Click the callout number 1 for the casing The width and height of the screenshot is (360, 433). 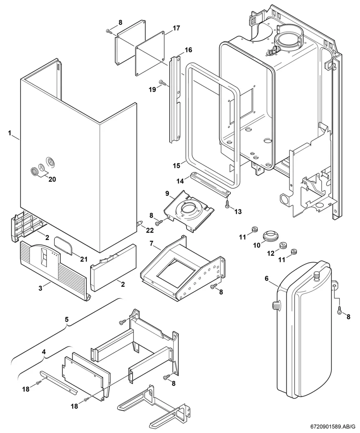click(x=10, y=133)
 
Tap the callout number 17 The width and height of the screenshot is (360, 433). click(x=176, y=28)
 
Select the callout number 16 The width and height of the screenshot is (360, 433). click(x=188, y=50)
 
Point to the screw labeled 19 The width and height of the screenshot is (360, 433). click(x=163, y=82)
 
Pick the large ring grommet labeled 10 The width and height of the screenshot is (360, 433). click(x=270, y=236)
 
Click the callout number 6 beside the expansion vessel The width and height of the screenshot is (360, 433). click(x=266, y=278)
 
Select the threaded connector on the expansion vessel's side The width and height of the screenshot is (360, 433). click(x=276, y=306)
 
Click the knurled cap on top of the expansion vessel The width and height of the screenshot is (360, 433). click(x=316, y=277)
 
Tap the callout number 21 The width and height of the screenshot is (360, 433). click(x=84, y=259)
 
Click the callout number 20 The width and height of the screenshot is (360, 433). click(x=52, y=179)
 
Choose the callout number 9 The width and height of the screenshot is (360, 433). click(x=167, y=193)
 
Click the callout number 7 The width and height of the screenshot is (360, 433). click(x=152, y=243)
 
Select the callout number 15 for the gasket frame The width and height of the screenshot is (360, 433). click(x=176, y=166)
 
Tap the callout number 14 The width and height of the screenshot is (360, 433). click(x=180, y=181)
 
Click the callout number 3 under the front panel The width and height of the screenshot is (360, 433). click(x=40, y=288)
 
